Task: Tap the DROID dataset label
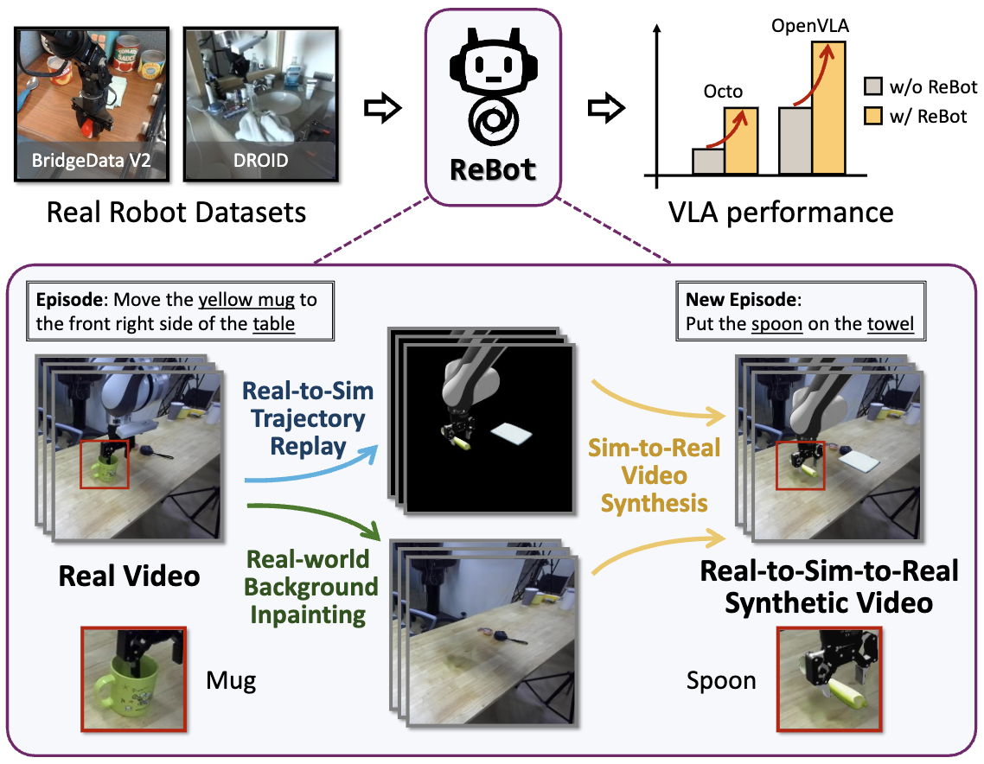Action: click(x=260, y=162)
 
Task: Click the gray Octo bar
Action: click(x=708, y=161)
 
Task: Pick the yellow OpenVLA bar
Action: click(x=827, y=106)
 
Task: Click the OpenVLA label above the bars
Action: click(x=809, y=27)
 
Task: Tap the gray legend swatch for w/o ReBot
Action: click(x=872, y=86)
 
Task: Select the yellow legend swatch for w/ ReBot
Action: click(x=872, y=116)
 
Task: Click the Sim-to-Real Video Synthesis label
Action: click(x=654, y=474)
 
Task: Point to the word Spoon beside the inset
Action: click(x=721, y=681)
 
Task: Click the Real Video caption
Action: click(x=129, y=576)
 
